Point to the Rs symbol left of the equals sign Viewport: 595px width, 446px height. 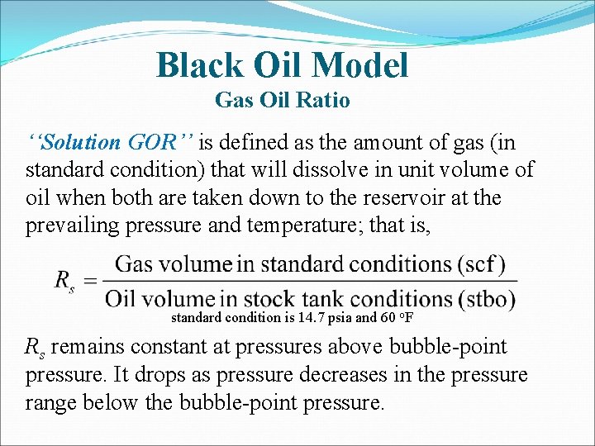click(x=64, y=281)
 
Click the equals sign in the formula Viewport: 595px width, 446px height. click(x=90, y=281)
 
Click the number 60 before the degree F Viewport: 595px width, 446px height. click(x=387, y=317)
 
